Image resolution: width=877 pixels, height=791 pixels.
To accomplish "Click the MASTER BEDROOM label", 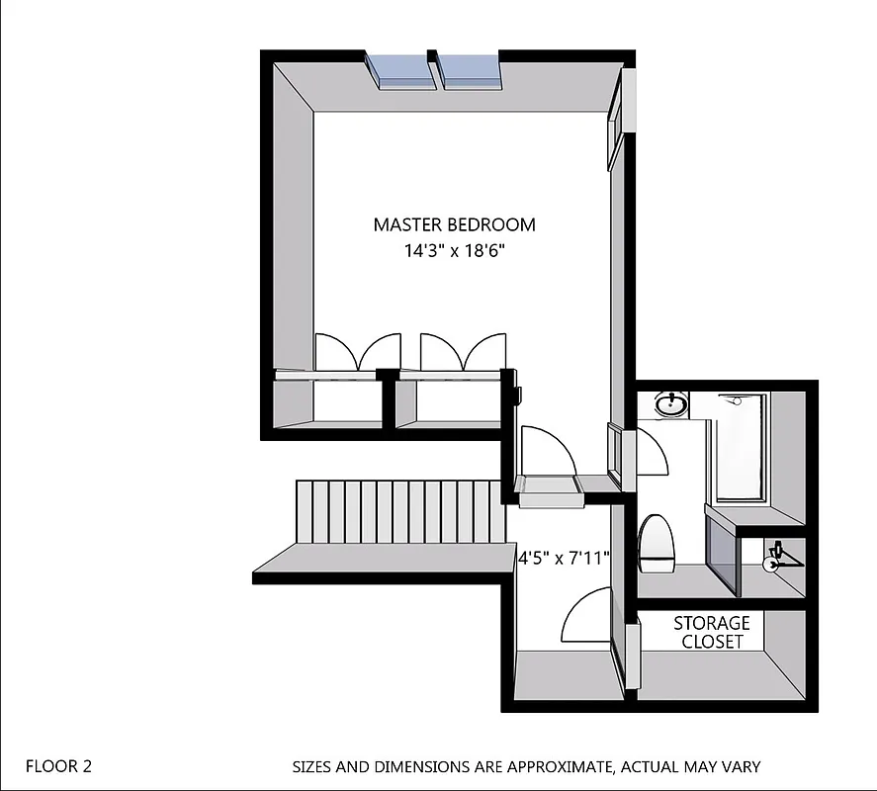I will point(454,224).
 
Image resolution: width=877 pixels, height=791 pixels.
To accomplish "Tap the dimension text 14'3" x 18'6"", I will point(455,250).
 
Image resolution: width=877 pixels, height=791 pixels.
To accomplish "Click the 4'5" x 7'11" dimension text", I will point(564,558).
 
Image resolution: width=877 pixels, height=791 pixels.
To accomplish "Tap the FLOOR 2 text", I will point(58,765).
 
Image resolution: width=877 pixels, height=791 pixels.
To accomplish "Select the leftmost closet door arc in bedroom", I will point(333,353).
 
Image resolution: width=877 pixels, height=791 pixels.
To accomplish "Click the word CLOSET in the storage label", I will point(711,642).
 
